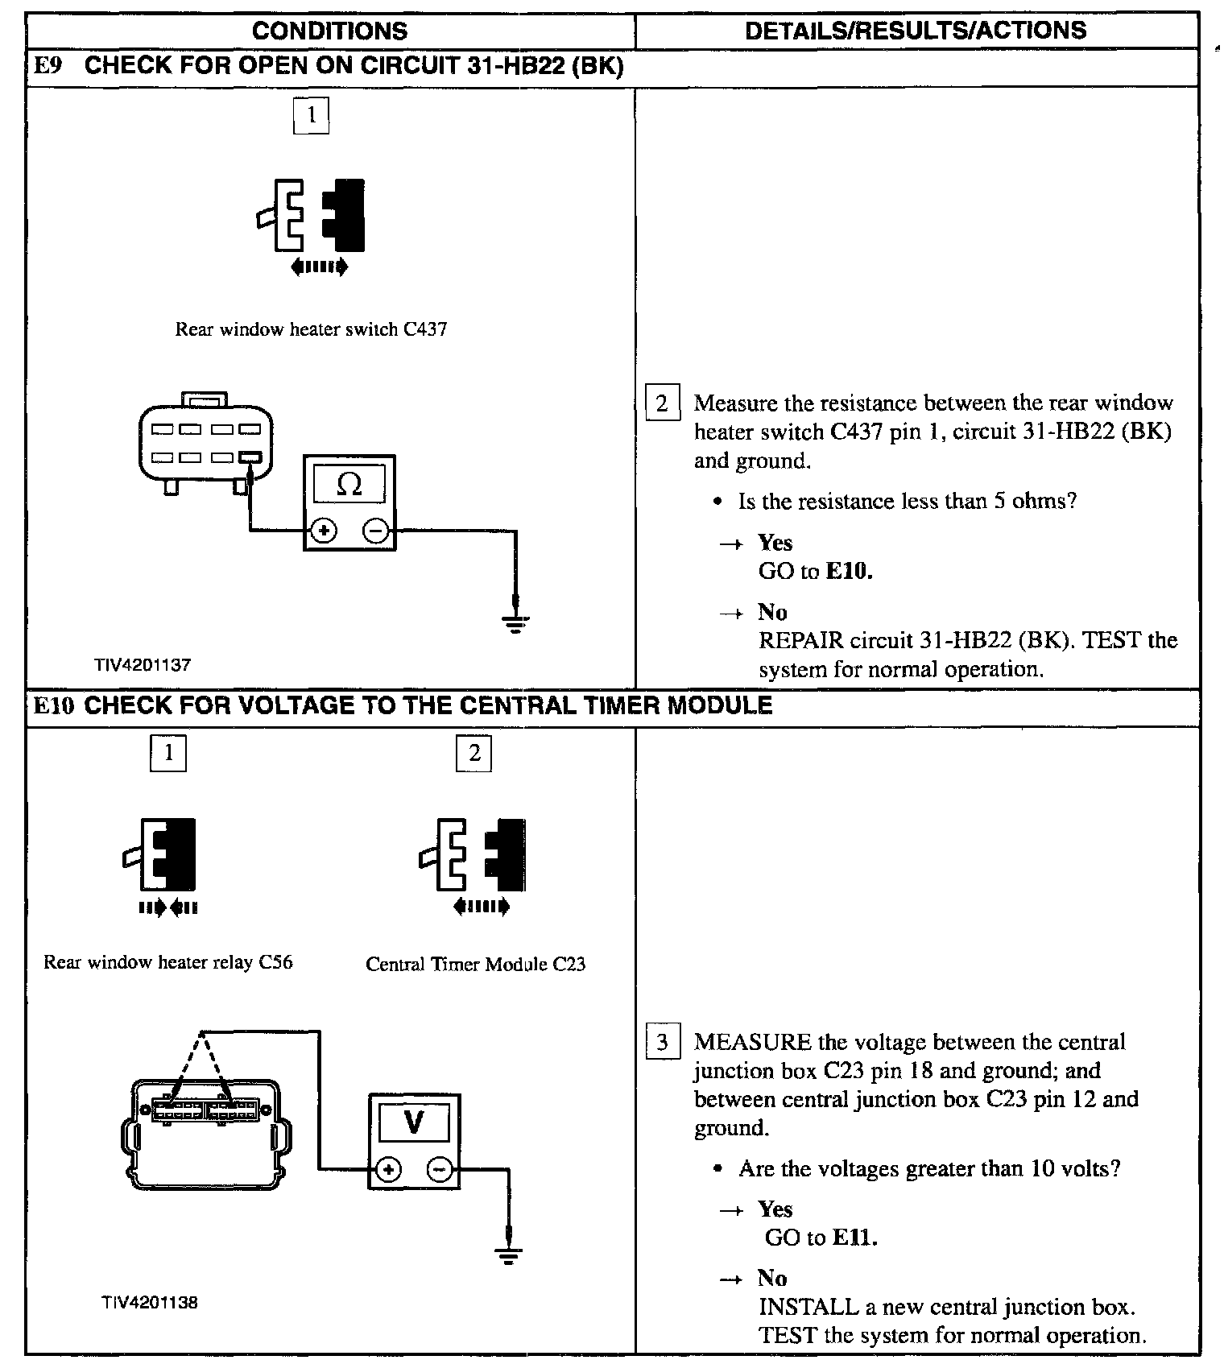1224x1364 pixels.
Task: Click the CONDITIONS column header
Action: [x=329, y=31]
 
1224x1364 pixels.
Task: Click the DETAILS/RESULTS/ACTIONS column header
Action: [x=916, y=31]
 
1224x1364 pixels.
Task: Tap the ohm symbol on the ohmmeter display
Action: [x=349, y=484]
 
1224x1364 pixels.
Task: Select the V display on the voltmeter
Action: [x=414, y=1122]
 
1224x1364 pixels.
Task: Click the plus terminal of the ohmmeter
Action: [x=324, y=531]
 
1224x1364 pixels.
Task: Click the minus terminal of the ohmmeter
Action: [x=376, y=531]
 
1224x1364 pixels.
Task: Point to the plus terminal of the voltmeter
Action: [x=388, y=1169]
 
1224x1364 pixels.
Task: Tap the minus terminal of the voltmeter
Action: [x=440, y=1169]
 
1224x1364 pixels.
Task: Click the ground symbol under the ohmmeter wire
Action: [x=515, y=622]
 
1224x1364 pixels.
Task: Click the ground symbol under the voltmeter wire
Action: [x=507, y=1255]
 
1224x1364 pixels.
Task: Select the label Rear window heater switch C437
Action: [x=311, y=329]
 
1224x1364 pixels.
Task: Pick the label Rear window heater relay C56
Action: [x=167, y=962]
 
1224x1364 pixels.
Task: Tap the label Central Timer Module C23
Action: [x=475, y=964]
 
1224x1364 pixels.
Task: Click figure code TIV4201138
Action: [x=149, y=1303]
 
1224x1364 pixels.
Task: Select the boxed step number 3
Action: [x=662, y=1043]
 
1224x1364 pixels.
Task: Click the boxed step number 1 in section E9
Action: [x=311, y=115]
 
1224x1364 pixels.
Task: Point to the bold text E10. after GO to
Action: [x=850, y=572]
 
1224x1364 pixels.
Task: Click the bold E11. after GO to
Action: [x=854, y=1238]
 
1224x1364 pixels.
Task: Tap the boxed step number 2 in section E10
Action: [x=474, y=753]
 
